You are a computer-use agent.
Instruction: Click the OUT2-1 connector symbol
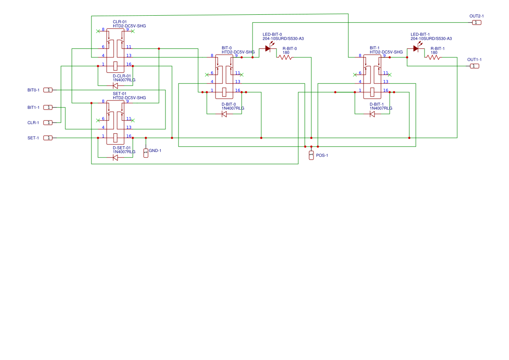pos(476,22)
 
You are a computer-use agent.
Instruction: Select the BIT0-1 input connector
pos(48,90)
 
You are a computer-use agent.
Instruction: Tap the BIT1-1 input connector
pos(48,108)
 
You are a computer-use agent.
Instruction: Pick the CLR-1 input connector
pos(48,123)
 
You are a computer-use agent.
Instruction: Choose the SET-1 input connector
pos(48,138)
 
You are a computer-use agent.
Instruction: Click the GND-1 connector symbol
pos(146,153)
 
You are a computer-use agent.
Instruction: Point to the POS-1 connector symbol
pos(311,155)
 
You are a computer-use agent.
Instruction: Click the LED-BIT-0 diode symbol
pos(268,48)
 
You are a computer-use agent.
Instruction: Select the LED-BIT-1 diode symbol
pos(416,48)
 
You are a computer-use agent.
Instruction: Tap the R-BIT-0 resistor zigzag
pos(285,57)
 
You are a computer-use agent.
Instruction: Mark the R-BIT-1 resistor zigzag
pos(433,57)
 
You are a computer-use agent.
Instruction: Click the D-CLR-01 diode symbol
pos(115,86)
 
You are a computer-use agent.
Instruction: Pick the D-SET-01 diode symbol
pos(115,158)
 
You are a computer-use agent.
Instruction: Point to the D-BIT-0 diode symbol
pos(224,114)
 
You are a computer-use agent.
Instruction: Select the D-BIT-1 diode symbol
pos(372,114)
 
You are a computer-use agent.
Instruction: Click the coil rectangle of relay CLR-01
pos(115,66)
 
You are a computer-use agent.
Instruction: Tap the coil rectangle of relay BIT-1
pos(372,92)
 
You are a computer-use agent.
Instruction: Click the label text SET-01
pos(119,94)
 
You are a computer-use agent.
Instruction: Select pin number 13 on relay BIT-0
pos(238,82)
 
